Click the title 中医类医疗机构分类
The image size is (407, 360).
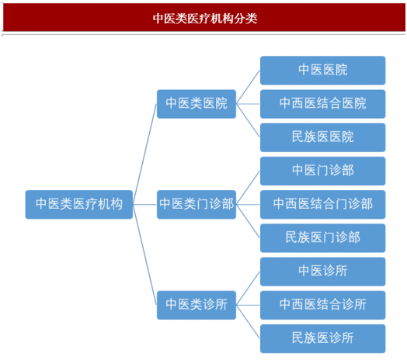coord(205,19)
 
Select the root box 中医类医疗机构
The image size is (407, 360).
coord(79,205)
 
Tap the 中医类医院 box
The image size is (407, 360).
coord(197,104)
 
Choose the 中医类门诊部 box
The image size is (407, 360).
coord(197,205)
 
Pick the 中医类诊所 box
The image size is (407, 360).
coord(197,305)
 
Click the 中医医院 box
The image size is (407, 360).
coord(322,71)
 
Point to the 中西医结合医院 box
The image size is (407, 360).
coord(322,104)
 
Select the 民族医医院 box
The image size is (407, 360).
coord(322,137)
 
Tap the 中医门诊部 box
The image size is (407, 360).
coord(322,171)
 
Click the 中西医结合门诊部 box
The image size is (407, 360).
coord(322,205)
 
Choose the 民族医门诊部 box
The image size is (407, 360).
coord(322,238)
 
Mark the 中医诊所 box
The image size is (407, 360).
coord(322,272)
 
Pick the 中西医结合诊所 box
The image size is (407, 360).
coord(322,305)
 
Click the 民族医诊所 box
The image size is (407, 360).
coord(322,339)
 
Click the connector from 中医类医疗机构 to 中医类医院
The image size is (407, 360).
coord(144,154)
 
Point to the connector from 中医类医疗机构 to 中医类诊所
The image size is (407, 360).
coord(144,254)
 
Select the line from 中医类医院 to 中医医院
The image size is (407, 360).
coord(248,87)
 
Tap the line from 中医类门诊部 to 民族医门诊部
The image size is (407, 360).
coord(248,221)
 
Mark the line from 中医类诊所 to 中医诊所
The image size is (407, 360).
coord(248,289)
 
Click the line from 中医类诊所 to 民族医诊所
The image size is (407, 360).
coord(248,322)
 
